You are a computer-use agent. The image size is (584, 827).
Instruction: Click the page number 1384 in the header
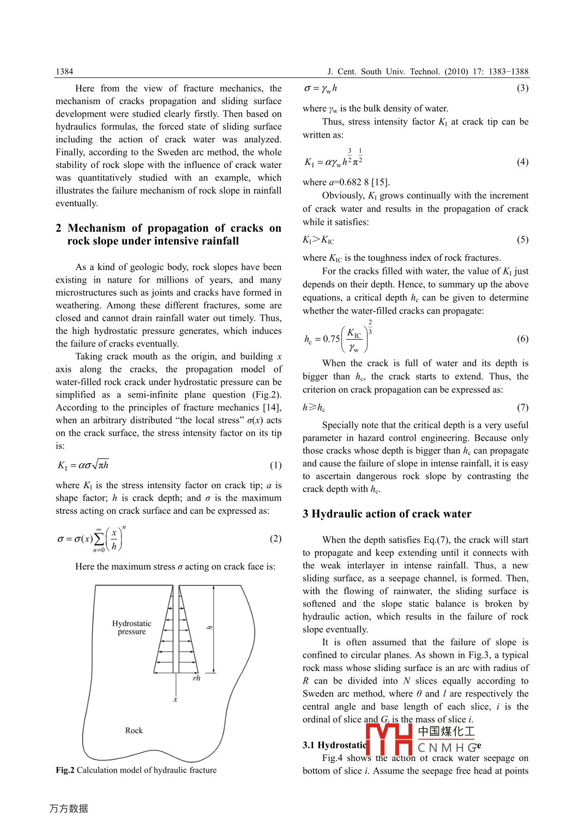tap(64, 71)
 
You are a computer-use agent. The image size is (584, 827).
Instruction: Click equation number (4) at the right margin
tap(522, 162)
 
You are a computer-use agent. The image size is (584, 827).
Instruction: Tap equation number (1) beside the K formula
tap(275, 465)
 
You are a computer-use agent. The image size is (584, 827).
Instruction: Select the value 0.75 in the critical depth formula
tap(331, 339)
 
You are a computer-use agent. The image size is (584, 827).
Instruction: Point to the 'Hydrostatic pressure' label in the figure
tap(131, 627)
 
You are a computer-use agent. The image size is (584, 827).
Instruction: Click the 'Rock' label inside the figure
tap(134, 730)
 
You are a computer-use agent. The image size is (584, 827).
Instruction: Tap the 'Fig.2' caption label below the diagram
tap(65, 770)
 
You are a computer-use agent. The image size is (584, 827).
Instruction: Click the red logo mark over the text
tap(389, 739)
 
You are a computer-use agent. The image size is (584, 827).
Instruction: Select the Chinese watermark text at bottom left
tap(69, 808)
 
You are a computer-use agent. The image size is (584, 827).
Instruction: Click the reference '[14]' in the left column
tap(272, 407)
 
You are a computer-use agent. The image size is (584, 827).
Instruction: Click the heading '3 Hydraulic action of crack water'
tap(387, 514)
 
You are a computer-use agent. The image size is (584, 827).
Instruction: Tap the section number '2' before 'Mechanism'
tap(58, 228)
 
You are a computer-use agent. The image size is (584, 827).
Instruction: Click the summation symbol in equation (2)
tap(99, 539)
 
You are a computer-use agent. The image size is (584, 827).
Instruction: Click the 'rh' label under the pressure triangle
tap(196, 678)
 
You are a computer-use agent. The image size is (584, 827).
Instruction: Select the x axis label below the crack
tap(175, 699)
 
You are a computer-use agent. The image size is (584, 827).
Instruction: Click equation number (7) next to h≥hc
tap(522, 407)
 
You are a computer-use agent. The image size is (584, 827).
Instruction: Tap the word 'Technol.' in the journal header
tap(425, 71)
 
